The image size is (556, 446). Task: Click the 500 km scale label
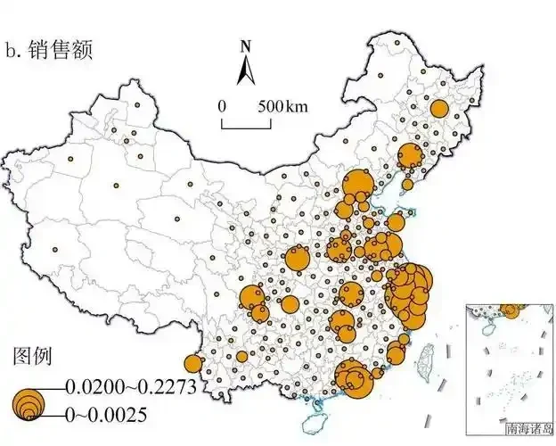283,106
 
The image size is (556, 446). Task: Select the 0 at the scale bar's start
223,106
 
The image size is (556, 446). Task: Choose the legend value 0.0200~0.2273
130,386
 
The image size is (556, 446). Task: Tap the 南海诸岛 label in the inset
528,428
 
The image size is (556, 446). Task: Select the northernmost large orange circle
438,109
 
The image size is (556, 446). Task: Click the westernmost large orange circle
193,363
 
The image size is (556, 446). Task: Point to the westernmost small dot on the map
55,250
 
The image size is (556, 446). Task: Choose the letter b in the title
12,51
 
